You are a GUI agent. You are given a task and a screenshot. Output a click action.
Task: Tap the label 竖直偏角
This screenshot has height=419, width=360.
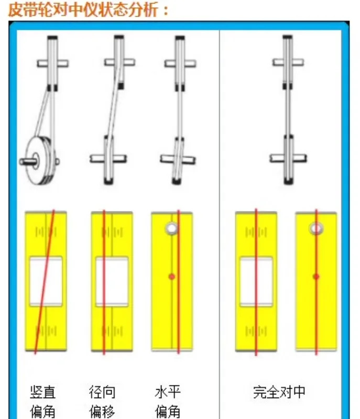43,401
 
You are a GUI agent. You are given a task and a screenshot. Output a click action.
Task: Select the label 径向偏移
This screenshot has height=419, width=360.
102,401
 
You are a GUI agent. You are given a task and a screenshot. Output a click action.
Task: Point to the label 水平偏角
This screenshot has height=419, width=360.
168,401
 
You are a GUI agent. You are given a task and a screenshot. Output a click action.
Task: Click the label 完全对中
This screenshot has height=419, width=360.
279,392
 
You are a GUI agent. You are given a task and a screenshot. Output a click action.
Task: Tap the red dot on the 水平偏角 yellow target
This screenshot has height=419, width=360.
172,277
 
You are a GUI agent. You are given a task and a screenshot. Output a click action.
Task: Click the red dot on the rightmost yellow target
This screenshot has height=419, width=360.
316,277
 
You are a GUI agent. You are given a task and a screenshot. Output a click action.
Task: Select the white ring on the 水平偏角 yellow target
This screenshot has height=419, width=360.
171,228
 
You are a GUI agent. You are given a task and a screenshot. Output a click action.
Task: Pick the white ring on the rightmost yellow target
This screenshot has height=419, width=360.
316,228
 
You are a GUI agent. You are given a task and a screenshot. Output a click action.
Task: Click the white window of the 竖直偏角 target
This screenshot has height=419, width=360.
46,281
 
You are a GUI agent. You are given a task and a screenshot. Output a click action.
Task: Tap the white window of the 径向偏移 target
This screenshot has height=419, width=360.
112,281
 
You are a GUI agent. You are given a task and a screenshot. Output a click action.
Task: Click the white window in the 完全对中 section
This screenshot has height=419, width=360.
256,281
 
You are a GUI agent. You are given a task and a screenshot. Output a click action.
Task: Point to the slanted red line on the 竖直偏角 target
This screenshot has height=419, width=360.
45,282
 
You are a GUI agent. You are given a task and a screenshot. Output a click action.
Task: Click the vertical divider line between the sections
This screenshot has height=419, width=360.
220,224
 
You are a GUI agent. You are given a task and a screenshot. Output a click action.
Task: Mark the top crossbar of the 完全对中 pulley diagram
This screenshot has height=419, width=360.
288,62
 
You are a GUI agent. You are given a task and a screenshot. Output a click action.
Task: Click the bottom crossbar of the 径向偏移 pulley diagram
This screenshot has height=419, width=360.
108,159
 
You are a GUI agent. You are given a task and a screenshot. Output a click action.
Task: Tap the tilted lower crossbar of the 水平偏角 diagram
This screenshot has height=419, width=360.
178,159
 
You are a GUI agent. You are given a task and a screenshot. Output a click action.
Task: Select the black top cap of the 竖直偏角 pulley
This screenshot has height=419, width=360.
52,38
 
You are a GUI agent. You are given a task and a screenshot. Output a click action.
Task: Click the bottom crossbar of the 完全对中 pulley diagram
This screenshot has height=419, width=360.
288,158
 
